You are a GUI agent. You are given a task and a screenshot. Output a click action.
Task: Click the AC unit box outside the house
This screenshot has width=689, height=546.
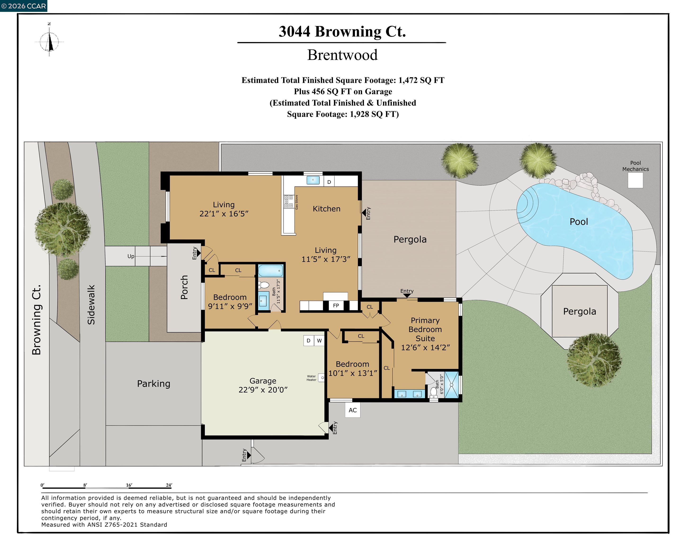pyautogui.click(x=352, y=410)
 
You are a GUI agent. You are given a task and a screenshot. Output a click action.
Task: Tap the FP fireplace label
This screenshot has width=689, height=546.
pyautogui.click(x=336, y=306)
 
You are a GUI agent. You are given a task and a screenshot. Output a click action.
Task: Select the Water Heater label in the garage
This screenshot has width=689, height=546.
pyautogui.click(x=311, y=378)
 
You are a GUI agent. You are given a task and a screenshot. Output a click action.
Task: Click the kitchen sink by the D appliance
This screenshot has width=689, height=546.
pyautogui.click(x=313, y=180)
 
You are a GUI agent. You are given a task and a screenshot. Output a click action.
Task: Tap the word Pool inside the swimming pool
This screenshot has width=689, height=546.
pyautogui.click(x=578, y=222)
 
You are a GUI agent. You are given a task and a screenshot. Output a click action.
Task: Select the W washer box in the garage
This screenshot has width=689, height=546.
pyautogui.click(x=319, y=341)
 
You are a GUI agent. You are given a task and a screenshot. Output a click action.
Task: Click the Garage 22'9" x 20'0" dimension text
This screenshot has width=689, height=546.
pyautogui.click(x=263, y=390)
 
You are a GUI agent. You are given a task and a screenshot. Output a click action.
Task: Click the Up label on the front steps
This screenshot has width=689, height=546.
pyautogui.click(x=131, y=256)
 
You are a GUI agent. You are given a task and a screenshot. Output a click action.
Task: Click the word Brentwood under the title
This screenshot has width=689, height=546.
pyautogui.click(x=342, y=55)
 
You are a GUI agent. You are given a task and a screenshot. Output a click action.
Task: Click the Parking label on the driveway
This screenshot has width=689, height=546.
pyautogui.click(x=153, y=384)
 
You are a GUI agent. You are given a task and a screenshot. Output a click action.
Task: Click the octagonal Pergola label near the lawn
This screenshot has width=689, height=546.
pyautogui.click(x=579, y=311)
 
